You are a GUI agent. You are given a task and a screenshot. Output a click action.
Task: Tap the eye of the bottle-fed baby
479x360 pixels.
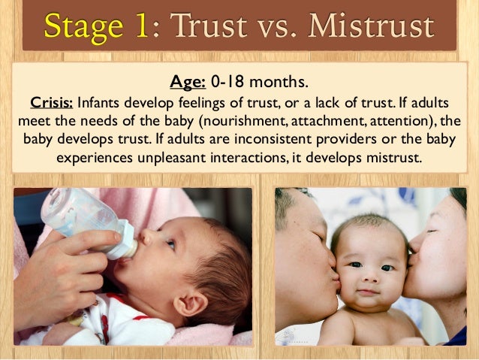click(170, 244)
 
